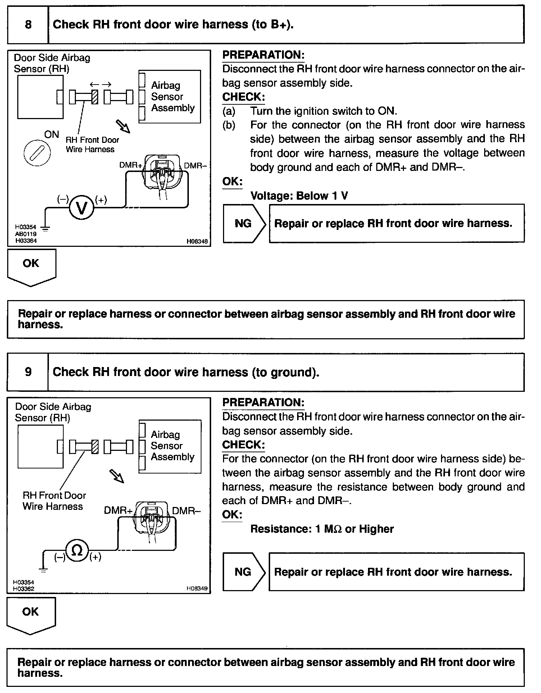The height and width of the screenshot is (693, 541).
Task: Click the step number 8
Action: pyautogui.click(x=28, y=24)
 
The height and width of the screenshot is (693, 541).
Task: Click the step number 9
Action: pyautogui.click(x=28, y=372)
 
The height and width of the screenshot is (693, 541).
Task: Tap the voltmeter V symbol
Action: pyautogui.click(x=82, y=208)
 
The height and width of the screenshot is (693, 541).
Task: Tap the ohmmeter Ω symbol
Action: pyautogui.click(x=77, y=550)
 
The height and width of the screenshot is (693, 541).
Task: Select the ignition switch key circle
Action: pyautogui.click(x=37, y=153)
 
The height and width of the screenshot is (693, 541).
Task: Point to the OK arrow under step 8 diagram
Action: pyautogui.click(x=32, y=268)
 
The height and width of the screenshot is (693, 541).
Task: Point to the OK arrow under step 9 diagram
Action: pyautogui.click(x=31, y=616)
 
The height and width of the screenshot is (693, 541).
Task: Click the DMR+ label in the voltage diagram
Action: pyautogui.click(x=131, y=165)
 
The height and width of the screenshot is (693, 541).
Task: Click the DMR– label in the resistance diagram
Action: pyautogui.click(x=186, y=511)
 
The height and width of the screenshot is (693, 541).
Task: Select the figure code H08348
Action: pyautogui.click(x=197, y=242)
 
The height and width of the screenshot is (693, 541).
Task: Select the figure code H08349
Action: pyautogui.click(x=197, y=589)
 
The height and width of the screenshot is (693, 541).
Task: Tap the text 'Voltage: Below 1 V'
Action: pyautogui.click(x=299, y=196)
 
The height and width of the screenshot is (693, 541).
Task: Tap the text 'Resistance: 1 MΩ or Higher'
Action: pyautogui.click(x=322, y=529)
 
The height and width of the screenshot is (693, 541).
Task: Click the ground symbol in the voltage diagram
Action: pyautogui.click(x=46, y=227)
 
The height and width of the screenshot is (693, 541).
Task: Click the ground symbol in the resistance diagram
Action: pyautogui.click(x=43, y=569)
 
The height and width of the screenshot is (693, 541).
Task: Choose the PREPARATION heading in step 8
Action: pyautogui.click(x=263, y=55)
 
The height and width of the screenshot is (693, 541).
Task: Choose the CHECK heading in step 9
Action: pyautogui.click(x=244, y=445)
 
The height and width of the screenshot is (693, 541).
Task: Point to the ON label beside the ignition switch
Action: pyautogui.click(x=51, y=135)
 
